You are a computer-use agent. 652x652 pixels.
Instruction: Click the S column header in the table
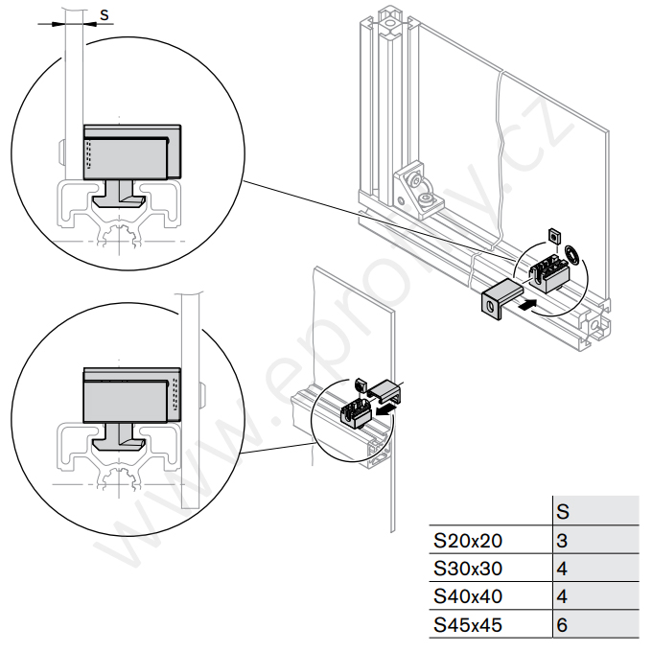pos(564,511)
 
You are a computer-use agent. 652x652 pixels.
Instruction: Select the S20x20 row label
pos(468,540)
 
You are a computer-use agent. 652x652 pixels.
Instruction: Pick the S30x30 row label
pos(468,568)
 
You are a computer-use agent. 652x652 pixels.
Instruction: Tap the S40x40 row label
pos(468,596)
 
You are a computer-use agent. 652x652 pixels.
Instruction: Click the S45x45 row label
pos(468,625)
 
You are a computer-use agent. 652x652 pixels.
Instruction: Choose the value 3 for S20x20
pos(563,540)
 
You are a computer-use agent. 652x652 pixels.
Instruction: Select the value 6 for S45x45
pos(563,625)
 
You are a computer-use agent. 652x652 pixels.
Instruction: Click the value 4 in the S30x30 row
pos(563,568)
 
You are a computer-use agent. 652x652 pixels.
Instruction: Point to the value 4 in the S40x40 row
pos(563,596)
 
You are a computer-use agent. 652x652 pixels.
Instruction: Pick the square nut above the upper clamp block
pos(553,235)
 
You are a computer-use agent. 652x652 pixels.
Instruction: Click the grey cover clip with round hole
pos(498,299)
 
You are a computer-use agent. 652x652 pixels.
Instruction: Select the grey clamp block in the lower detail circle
pos(132,396)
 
